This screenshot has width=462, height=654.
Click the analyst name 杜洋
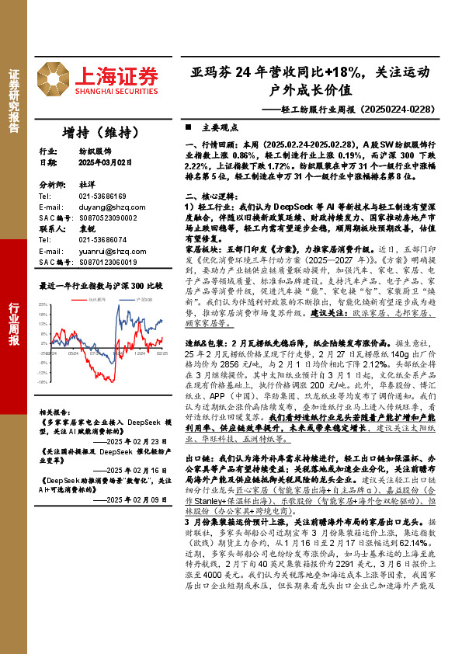[x=85, y=186]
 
